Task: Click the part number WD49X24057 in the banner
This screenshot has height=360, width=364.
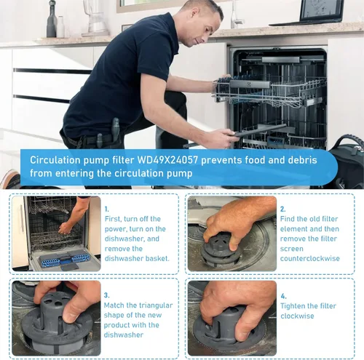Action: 167,160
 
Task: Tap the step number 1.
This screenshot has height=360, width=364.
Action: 107,209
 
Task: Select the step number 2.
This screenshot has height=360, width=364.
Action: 282,209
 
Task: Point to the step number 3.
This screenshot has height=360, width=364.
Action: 106,295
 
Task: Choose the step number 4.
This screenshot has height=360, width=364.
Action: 283,296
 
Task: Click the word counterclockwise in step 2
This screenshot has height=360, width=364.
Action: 310,258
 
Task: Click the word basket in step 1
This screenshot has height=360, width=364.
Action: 157,258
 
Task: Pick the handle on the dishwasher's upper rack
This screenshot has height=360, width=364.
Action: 250,84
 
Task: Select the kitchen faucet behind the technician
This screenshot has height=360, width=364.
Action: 235,15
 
